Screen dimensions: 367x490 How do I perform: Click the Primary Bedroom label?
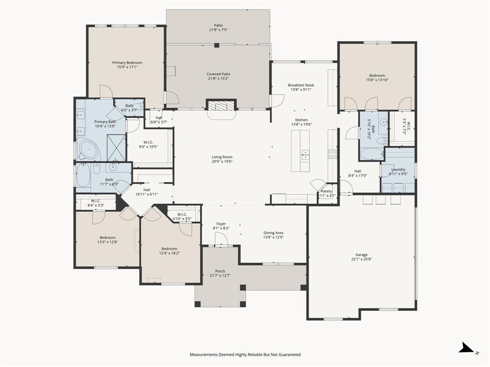127,63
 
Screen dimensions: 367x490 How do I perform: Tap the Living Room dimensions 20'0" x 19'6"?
222,162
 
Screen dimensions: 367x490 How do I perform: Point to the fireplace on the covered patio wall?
221,106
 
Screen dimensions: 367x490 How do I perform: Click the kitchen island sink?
305,154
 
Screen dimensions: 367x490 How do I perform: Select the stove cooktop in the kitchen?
332,153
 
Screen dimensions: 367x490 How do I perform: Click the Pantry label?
326,191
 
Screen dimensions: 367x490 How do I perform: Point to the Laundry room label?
398,169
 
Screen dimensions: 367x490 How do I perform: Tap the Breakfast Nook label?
301,85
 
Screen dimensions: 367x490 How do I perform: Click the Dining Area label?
273,233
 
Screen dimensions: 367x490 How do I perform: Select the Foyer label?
221,224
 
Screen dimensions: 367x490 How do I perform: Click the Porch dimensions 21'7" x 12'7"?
220,275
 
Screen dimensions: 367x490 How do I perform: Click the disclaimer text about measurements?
245,355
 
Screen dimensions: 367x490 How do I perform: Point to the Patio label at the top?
218,25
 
